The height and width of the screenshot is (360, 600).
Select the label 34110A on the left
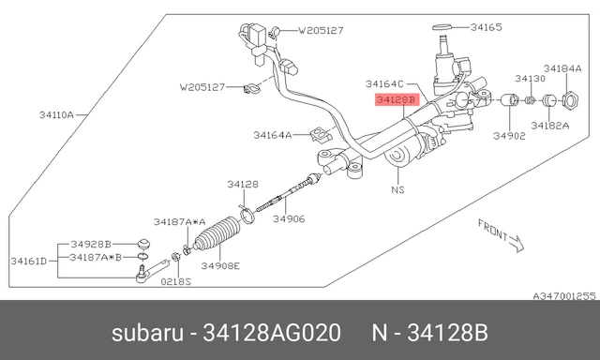pos(57,115)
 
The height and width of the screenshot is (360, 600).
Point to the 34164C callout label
pos(384,83)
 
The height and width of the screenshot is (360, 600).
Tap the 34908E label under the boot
pos(223,265)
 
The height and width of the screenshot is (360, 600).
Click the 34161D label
pos(28,260)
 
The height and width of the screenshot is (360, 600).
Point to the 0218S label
pos(176,280)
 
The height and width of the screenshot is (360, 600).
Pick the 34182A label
pos(549,125)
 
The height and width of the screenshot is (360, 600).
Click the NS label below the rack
pos(397,188)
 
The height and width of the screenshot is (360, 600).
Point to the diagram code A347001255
pos(564,295)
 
